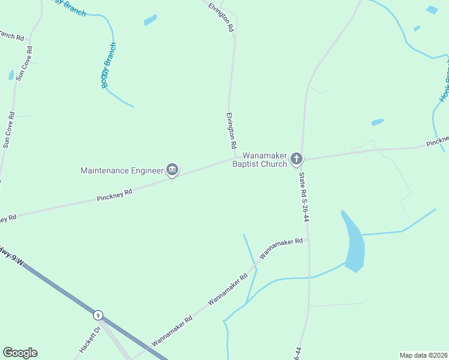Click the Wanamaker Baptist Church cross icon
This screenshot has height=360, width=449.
coord(296,159)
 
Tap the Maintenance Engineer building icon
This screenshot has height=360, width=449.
coord(173,170)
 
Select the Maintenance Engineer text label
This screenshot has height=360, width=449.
coord(122,170)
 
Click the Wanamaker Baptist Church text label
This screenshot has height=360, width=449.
coord(260,160)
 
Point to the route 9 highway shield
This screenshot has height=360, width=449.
coord(98,314)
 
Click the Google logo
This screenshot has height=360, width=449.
coord(20,353)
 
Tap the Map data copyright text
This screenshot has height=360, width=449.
coord(423,355)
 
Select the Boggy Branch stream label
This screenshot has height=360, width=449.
coord(109,65)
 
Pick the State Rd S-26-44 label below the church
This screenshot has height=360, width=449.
coord(304,198)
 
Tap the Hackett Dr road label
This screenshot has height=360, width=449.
coord(88,339)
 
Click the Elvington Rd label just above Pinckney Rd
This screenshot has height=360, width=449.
coord(231,131)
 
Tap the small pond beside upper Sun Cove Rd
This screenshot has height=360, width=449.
coord(11,75)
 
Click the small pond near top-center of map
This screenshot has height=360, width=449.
coord(150,20)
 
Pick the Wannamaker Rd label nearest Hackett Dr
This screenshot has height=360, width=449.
coord(172,331)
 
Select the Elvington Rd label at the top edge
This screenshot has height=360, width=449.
coord(220,16)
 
